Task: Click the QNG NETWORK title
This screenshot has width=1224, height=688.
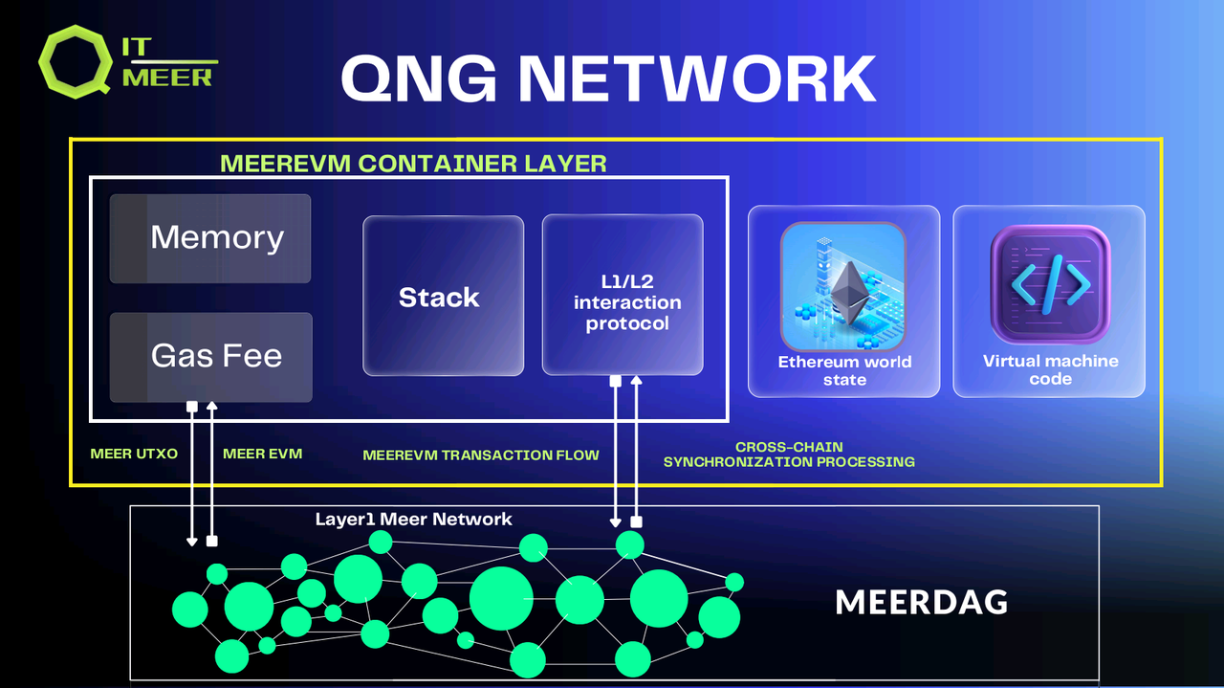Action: pyautogui.click(x=608, y=78)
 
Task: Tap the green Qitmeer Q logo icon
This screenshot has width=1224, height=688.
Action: pyautogui.click(x=76, y=60)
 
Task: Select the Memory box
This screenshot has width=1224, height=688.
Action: pyautogui.click(x=210, y=238)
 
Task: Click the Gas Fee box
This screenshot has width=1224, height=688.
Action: pyautogui.click(x=210, y=357)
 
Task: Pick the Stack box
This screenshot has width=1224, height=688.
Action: pyautogui.click(x=443, y=296)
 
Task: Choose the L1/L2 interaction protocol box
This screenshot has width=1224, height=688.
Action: pyautogui.click(x=623, y=295)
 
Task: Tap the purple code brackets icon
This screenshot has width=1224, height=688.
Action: pyautogui.click(x=1050, y=283)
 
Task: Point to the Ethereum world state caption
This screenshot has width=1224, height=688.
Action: pyautogui.click(x=844, y=370)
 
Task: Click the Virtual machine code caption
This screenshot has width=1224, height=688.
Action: pyautogui.click(x=1050, y=369)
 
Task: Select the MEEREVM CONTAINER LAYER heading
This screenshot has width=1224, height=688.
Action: pyautogui.click(x=413, y=163)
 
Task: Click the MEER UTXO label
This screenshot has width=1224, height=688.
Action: pyautogui.click(x=134, y=454)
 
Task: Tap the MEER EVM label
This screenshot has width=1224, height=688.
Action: pyautogui.click(x=262, y=454)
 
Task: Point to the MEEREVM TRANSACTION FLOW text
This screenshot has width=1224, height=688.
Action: pyautogui.click(x=481, y=455)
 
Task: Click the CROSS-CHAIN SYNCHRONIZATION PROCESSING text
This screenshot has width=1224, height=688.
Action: pyautogui.click(x=789, y=455)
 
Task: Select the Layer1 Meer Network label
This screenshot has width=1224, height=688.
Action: pyautogui.click(x=413, y=520)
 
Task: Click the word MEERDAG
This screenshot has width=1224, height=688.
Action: pyautogui.click(x=921, y=603)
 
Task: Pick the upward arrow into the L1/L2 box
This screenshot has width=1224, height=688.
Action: pyautogui.click(x=636, y=450)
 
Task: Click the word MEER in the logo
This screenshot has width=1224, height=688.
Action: pyautogui.click(x=167, y=78)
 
